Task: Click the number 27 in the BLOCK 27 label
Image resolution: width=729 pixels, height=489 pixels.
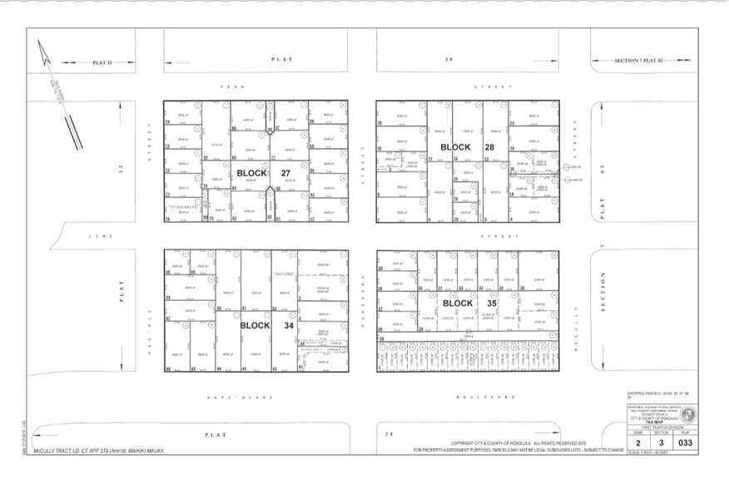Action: [x=285, y=174]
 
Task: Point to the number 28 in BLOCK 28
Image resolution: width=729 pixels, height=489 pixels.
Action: [x=488, y=147]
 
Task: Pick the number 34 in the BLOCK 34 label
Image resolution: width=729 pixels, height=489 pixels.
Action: [x=289, y=325]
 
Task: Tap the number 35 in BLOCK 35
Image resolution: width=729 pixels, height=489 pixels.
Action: [x=491, y=304]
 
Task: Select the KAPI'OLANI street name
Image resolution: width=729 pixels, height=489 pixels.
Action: [x=241, y=398]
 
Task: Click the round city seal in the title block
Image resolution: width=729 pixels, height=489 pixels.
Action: [x=687, y=413]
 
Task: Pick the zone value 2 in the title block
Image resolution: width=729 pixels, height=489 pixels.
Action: [x=638, y=442]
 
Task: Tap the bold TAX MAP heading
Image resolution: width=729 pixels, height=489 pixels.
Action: [x=657, y=423]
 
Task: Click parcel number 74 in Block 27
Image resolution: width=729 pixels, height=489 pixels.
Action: [x=167, y=121]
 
